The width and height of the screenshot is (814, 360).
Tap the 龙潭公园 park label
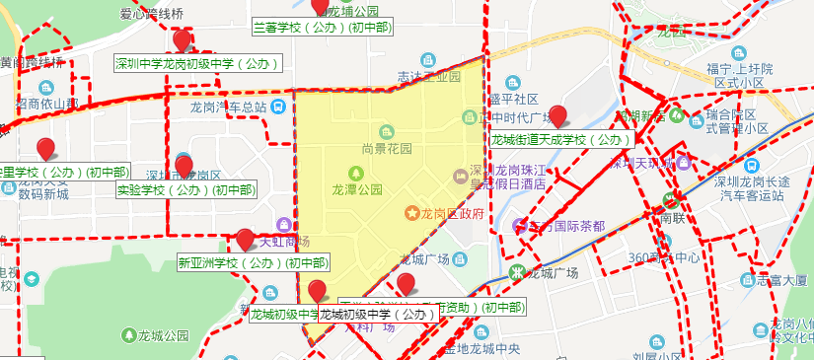coord(357,188)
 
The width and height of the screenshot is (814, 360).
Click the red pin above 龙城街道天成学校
coord(557,116)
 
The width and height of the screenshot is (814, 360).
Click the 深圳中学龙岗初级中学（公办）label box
coord(196,64)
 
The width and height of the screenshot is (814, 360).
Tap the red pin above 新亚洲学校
coord(245,240)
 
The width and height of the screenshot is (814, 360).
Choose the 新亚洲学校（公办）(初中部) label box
coord(253,264)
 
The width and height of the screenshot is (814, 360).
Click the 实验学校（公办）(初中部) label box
coord(185,190)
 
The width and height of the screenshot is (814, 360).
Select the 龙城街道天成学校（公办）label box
coord(559,140)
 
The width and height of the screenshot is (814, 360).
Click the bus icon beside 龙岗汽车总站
coord(280,107)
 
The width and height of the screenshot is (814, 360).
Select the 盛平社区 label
coord(512,100)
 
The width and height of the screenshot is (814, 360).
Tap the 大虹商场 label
coord(284,242)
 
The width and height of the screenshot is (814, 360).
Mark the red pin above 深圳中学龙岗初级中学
coord(183,40)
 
